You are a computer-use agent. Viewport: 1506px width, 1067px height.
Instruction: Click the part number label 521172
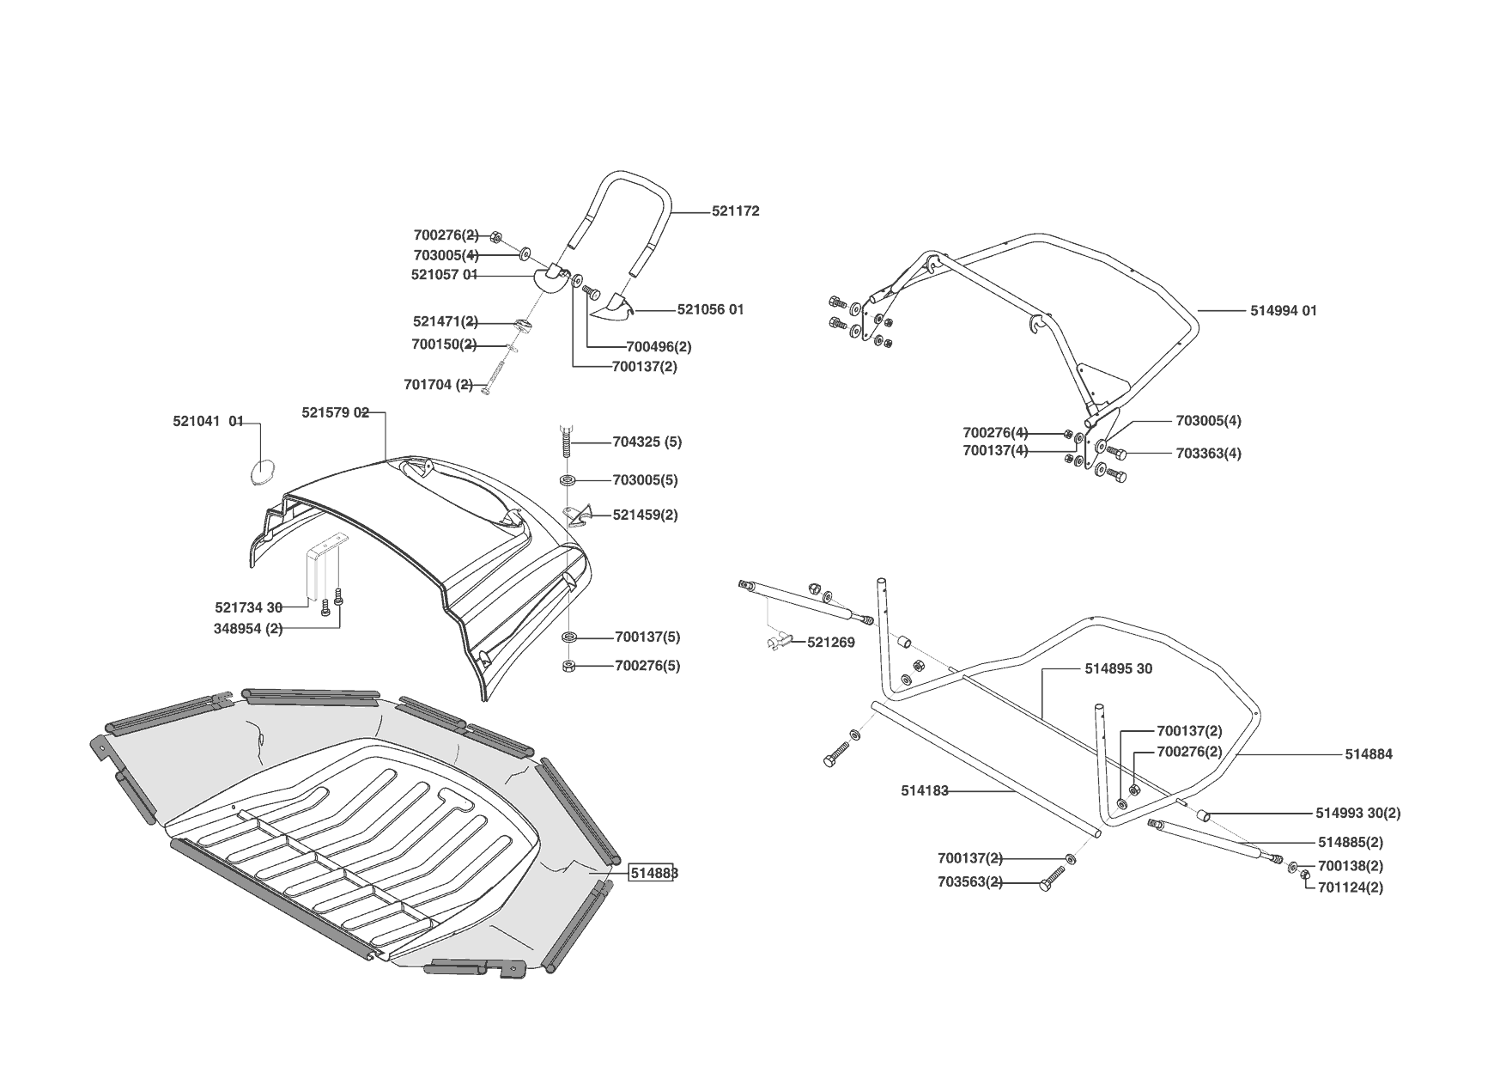(735, 211)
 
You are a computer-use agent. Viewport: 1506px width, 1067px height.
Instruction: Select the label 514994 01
(1283, 311)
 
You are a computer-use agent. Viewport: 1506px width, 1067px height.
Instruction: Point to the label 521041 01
(209, 422)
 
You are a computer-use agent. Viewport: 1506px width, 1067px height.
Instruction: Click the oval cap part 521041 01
(261, 471)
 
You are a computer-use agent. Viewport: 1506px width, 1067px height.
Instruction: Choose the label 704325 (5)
(647, 442)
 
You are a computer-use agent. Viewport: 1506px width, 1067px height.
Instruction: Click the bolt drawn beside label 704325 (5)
(568, 440)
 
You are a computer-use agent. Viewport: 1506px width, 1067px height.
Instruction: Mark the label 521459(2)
(645, 515)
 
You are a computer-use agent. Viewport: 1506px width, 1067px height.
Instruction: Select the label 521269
(830, 643)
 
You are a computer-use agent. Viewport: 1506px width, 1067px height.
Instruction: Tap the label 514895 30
(1118, 669)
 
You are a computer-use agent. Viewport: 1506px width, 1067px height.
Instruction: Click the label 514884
(1369, 755)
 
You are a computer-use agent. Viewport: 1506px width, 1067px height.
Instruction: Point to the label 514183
(925, 791)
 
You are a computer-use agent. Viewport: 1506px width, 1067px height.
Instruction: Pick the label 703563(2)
(969, 882)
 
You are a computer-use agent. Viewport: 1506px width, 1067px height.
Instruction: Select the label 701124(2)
(1350, 887)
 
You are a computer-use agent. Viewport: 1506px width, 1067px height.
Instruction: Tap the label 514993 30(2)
(1357, 813)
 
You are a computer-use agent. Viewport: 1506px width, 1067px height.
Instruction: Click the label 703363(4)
(1208, 454)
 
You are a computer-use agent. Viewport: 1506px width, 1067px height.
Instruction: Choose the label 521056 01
(710, 310)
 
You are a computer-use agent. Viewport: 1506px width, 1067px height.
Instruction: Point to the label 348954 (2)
(248, 629)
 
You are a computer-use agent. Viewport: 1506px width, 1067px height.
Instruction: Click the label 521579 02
(335, 413)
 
